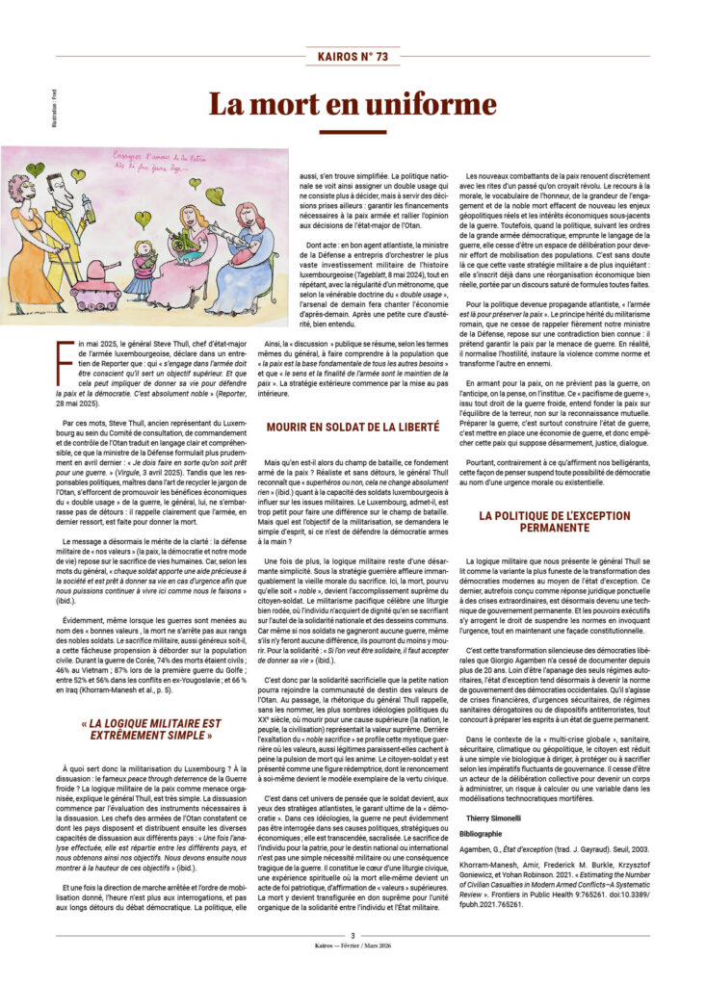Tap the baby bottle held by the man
91,203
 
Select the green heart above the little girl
142,218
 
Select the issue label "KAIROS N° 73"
353,57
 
